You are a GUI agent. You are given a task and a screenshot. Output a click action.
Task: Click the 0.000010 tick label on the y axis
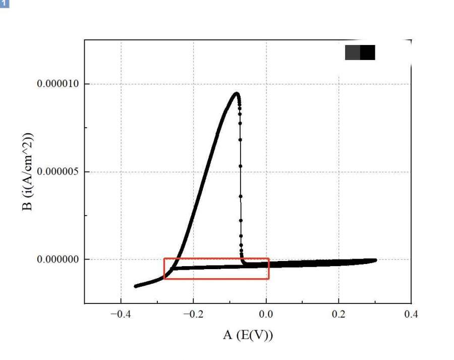[58, 84]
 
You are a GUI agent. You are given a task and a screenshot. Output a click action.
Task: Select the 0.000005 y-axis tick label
[58, 172]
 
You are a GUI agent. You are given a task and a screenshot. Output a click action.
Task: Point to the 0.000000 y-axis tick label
[58, 260]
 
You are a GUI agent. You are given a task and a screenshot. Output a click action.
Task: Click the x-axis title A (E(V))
[248, 335]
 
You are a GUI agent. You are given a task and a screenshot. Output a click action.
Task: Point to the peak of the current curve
[236, 93]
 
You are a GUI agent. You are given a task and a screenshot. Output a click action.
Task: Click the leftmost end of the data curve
[135, 286]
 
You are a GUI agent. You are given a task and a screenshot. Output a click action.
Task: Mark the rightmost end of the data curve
[375, 260]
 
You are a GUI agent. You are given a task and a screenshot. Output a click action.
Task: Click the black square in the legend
[368, 53]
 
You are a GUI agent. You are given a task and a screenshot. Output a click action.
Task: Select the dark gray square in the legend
[353, 53]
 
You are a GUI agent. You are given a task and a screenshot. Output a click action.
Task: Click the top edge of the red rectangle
[216, 259]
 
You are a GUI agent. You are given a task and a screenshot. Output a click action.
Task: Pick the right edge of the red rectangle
[269, 269]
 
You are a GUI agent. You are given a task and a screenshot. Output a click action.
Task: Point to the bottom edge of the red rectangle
[216, 279]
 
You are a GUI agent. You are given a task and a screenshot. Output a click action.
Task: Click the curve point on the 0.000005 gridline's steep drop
[240, 172]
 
